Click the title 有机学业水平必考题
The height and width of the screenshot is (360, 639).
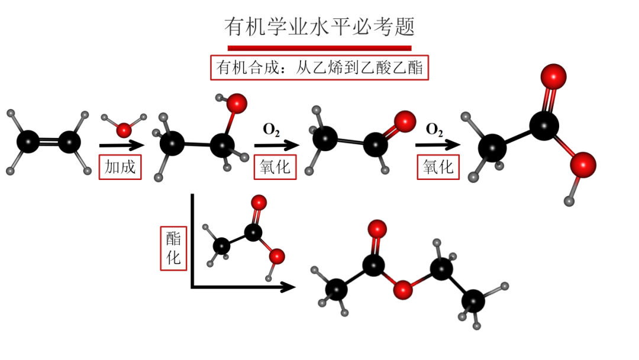[x=319, y=27]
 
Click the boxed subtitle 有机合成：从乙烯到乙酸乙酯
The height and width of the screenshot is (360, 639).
[x=319, y=67]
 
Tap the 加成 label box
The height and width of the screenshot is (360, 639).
[x=120, y=166]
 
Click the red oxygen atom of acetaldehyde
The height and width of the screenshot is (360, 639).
[x=405, y=121]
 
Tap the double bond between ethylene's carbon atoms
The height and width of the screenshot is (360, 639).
[x=49, y=142]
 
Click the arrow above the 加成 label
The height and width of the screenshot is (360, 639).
[x=121, y=145]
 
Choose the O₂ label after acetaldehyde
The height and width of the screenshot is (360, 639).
[x=435, y=129]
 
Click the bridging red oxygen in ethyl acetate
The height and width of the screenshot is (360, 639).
[x=404, y=290]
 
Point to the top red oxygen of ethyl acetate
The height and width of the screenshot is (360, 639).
[x=377, y=229]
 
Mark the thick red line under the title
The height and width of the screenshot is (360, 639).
[x=319, y=47]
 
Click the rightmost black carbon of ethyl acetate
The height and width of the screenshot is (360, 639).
[x=473, y=301]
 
